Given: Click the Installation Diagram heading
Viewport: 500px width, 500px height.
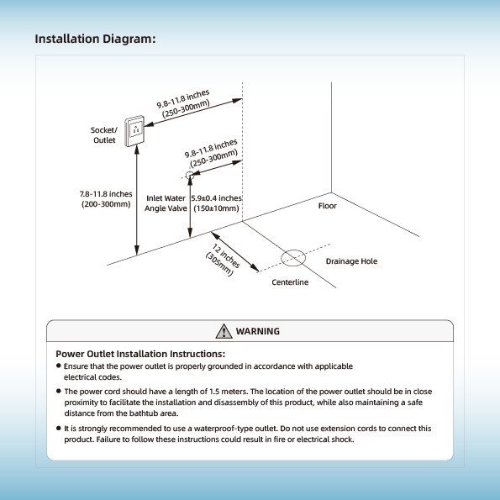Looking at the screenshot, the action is point(95,39).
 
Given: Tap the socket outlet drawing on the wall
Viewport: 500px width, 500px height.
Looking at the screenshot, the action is point(134,131).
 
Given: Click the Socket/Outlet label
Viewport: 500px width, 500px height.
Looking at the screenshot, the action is point(104,135).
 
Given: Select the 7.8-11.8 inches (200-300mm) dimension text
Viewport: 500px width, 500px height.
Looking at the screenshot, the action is point(106,199).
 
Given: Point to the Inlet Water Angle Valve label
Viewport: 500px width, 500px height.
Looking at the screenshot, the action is point(166,203).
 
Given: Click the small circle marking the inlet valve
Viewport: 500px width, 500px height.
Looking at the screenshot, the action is point(189,175).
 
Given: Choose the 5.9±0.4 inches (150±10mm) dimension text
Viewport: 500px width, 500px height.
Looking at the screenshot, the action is point(217,203).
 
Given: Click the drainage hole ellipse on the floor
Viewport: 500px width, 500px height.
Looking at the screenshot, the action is point(293,258).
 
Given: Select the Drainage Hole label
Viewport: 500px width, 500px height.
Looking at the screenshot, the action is point(351,261).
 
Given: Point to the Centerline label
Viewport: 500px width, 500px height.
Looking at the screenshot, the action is point(290,282).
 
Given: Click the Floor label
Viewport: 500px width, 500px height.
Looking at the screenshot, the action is point(327,206).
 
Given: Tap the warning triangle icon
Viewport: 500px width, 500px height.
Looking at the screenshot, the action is point(224,331).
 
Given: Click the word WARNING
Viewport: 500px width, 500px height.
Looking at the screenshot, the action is point(258,331).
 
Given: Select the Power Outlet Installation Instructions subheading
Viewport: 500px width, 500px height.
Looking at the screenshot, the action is point(140,354).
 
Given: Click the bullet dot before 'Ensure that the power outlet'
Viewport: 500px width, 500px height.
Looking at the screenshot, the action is point(58,366).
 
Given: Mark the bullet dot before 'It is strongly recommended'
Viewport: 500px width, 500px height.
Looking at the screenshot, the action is point(58,428).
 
